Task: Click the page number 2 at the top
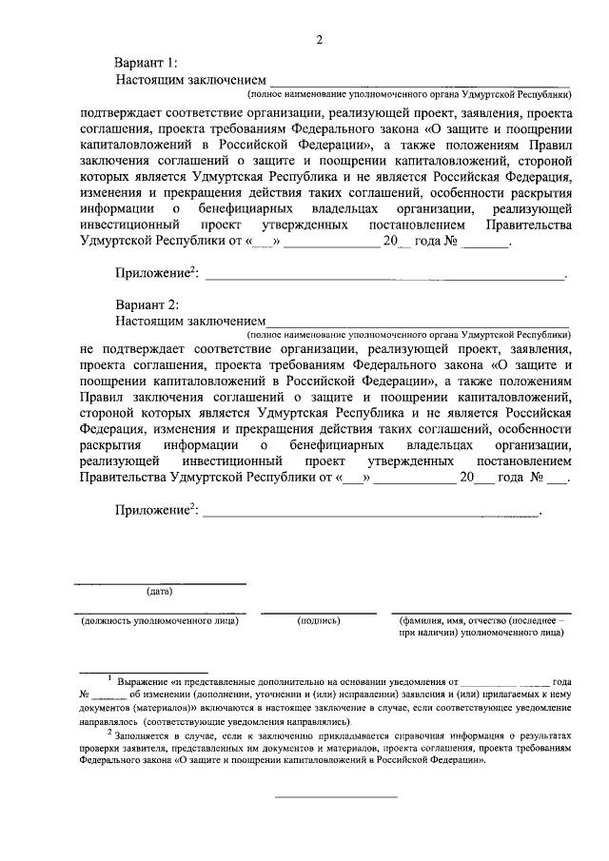pos(320,39)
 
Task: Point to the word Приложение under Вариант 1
pos(151,273)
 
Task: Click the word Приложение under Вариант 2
pos(151,514)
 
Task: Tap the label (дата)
pos(159,593)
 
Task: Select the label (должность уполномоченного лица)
pos(159,620)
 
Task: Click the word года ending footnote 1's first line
pos(561,682)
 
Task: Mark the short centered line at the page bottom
pos(336,796)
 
